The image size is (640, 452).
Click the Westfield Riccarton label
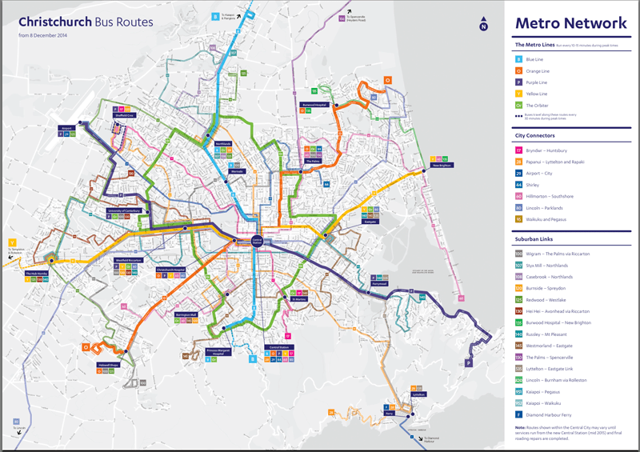[129, 260]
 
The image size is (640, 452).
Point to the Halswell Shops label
[109, 366]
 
